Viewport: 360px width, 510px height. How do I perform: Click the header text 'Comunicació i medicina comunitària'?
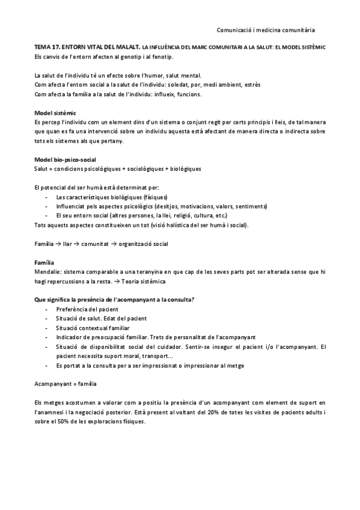(x=266, y=28)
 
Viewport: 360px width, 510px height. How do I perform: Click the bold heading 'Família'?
(x=44, y=262)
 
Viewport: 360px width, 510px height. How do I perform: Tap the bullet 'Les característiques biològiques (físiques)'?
(x=111, y=197)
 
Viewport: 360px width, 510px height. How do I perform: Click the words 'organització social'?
(x=144, y=244)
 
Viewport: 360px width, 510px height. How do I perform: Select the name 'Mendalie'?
(x=48, y=272)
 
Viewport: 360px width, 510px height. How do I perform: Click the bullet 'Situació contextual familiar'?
(x=97, y=328)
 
